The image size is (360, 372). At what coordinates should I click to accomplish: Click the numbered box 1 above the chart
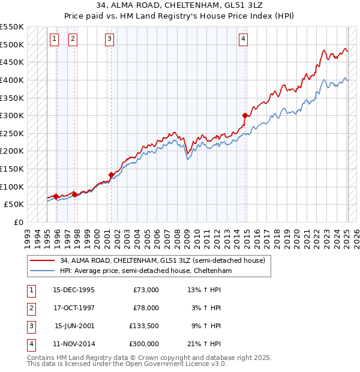point(55,40)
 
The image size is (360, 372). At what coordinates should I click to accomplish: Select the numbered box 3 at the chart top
point(110,40)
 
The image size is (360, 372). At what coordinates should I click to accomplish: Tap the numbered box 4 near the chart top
point(244,40)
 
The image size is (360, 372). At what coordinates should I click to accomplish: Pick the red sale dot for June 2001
point(111,175)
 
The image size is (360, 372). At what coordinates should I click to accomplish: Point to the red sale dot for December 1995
point(56,196)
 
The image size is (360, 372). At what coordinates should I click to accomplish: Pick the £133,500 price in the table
point(144,326)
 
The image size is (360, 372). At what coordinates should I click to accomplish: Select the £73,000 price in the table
point(146,290)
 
